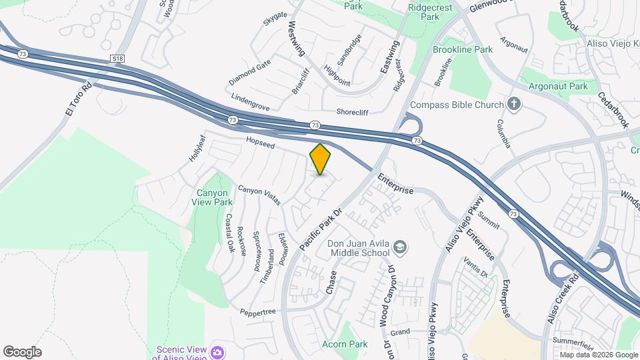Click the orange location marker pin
321,159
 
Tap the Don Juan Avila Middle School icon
400,248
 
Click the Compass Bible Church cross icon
513,104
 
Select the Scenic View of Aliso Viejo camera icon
217,352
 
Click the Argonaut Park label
558,86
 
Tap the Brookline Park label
462,49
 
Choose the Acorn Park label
345,344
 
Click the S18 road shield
118,59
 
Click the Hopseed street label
260,141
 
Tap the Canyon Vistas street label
259,195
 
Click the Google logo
22,351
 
